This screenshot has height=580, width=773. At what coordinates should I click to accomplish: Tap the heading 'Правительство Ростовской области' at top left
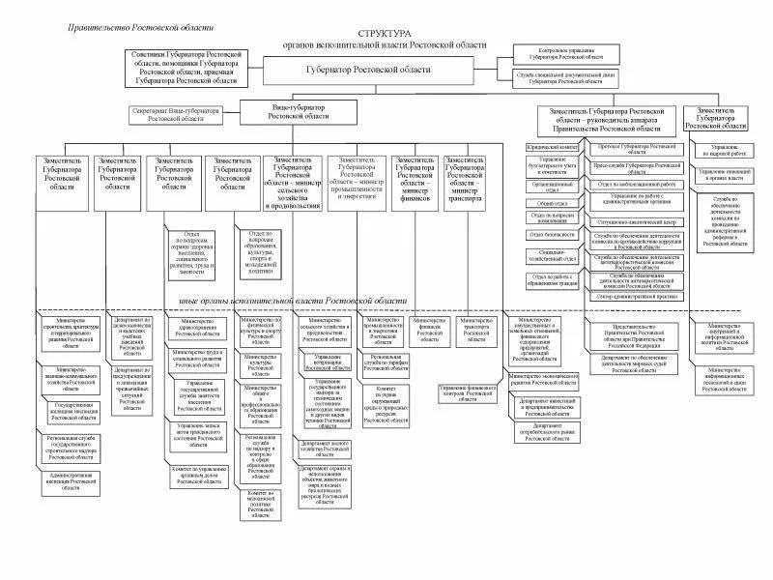pyautogui.click(x=141, y=29)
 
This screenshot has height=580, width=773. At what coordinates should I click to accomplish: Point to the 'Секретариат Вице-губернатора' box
pyautogui.click(x=177, y=115)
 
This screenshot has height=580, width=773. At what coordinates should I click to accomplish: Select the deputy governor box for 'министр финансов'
pyautogui.click(x=416, y=178)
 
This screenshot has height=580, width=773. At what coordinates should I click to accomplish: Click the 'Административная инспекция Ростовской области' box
pyautogui.click(x=71, y=481)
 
